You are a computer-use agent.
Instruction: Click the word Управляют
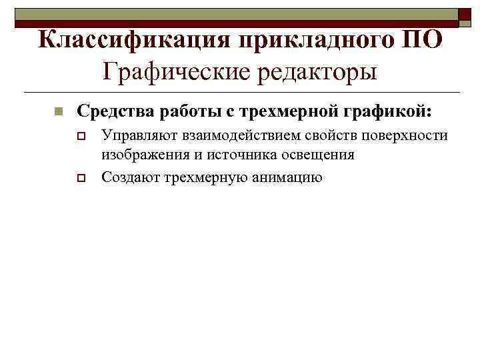[135, 137]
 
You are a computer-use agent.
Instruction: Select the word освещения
[319, 155]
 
